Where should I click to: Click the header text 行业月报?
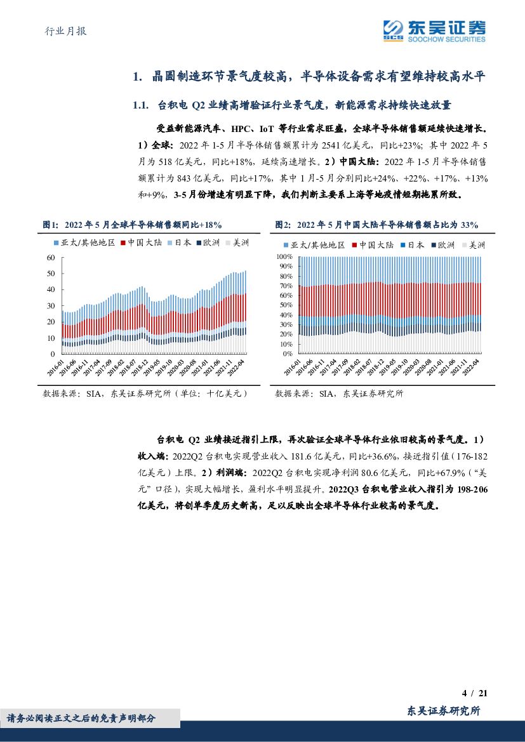(66, 31)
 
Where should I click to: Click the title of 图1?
(131, 225)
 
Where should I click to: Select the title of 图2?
(376, 225)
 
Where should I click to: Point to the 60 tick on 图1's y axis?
(51, 257)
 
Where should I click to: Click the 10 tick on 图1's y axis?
(51, 338)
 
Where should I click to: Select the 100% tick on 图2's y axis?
(284, 256)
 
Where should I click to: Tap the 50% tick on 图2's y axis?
(285, 305)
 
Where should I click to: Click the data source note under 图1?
(145, 394)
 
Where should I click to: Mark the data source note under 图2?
(339, 394)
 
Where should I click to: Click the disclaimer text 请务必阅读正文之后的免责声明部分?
(81, 718)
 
